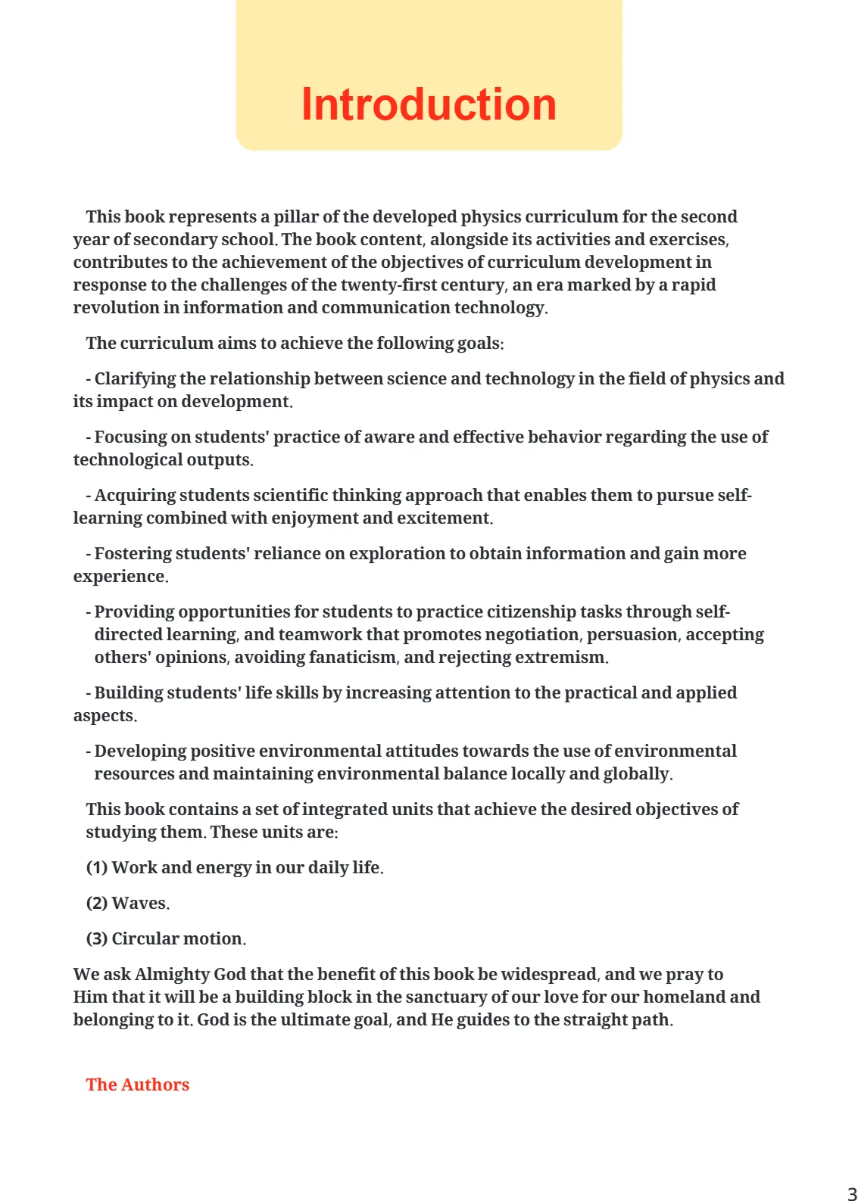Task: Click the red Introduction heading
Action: (429, 104)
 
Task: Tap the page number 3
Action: (851, 1193)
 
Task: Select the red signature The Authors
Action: (137, 1084)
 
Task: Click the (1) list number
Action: (97, 867)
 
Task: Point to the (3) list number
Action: (97, 938)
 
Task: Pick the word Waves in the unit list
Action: (139, 903)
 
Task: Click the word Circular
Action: (145, 938)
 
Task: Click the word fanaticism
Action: (352, 657)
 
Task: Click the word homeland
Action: (685, 997)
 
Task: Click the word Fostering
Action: (133, 553)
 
